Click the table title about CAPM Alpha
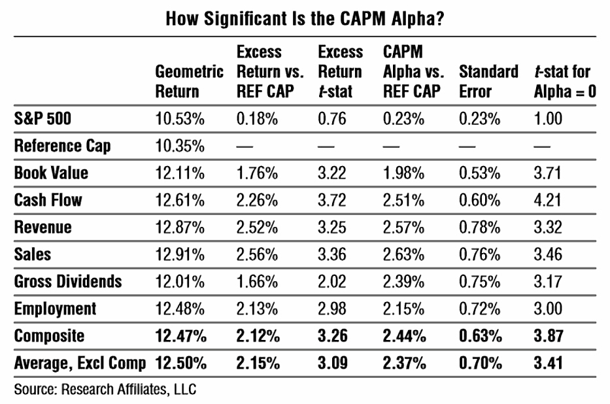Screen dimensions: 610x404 coord(305,18)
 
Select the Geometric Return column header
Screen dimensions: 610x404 coord(189,82)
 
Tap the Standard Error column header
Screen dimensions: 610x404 coord(488,82)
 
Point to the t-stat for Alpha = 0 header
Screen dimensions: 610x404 coord(565,82)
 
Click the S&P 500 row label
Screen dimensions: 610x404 coord(42,118)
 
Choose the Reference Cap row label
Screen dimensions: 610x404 coord(62,146)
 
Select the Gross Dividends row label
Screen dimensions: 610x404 coord(68,282)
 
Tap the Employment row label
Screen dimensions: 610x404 coord(55,309)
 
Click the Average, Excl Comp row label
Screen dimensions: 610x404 coord(80,363)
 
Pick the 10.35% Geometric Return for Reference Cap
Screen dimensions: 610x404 coord(180,146)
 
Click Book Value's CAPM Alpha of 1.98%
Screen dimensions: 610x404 coord(403,173)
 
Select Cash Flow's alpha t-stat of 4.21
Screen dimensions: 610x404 coord(547,200)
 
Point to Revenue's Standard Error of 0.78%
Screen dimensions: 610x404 coord(480,227)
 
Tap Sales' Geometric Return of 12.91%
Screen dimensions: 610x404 coord(180,255)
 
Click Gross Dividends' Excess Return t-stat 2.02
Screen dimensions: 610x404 coord(332,282)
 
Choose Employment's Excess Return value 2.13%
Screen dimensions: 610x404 coord(257,309)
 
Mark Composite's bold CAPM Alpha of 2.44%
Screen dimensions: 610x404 coord(405,336)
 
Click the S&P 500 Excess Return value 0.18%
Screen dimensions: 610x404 coord(257,118)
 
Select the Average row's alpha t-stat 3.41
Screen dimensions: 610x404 coord(548,363)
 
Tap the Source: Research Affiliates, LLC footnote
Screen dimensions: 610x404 coord(105,390)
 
